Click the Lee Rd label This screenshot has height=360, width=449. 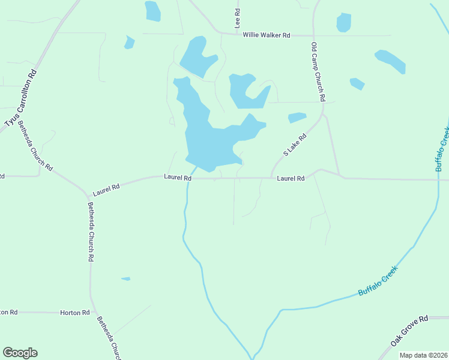[x=238, y=19]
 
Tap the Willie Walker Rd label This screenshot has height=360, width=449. [x=267, y=35]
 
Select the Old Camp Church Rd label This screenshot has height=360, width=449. [x=318, y=71]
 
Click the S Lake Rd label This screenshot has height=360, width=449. [x=295, y=145]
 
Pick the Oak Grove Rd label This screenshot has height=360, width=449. [x=409, y=331]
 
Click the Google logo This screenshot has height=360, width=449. [x=20, y=353]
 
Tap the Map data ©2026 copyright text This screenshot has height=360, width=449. [x=423, y=355]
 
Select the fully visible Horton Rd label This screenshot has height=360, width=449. [x=75, y=313]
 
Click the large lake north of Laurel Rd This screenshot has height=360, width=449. [x=207, y=141]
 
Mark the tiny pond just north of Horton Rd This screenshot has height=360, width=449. [x=125, y=278]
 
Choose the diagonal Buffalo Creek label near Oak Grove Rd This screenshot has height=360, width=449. [x=378, y=283]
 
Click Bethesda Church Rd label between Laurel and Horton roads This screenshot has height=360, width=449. [x=91, y=231]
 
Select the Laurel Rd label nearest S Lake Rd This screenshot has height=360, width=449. [x=291, y=178]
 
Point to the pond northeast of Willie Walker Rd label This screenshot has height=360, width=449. [x=343, y=22]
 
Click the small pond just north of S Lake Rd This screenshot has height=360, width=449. [x=297, y=117]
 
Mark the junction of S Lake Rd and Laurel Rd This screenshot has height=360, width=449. [x=272, y=178]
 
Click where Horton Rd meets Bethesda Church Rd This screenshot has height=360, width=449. [x=92, y=313]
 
